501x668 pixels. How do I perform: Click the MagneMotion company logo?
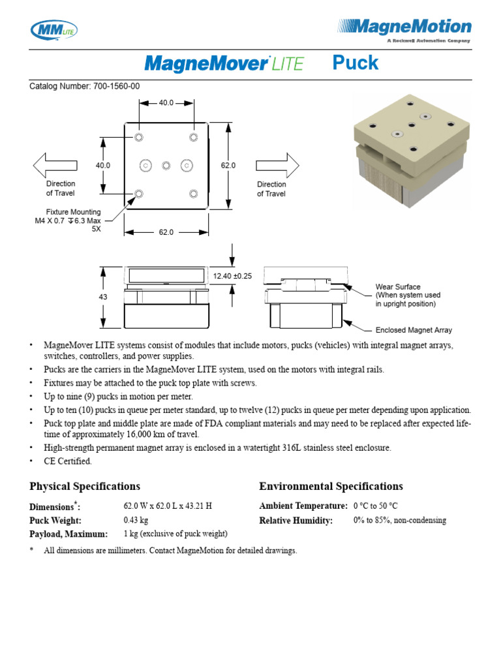(x=404, y=29)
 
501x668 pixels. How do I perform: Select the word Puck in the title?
(x=355, y=63)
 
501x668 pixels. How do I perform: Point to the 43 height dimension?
(x=103, y=297)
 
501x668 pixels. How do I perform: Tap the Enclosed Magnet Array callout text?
(x=414, y=330)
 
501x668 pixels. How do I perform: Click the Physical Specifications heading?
(x=85, y=486)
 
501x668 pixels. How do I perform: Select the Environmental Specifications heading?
(x=331, y=486)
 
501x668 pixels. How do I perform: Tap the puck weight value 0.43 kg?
(x=136, y=521)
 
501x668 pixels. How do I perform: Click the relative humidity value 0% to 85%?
(x=399, y=521)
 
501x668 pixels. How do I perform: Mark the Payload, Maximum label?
(x=68, y=534)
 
